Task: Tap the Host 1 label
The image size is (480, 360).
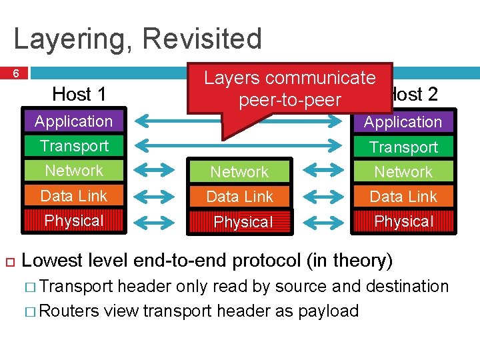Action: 79,94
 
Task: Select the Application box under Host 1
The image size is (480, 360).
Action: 73,121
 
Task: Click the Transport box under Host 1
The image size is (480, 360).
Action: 73,146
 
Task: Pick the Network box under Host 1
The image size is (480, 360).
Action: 73,171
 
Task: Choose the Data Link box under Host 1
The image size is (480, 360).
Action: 73,195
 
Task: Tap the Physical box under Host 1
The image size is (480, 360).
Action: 73,221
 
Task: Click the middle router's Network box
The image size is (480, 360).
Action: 239,172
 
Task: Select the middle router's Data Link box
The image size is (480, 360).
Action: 239,197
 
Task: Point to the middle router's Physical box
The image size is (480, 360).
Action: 243,222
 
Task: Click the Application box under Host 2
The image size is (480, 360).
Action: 403,122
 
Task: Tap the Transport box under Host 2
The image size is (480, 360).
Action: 403,147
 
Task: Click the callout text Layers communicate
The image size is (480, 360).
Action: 289,78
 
